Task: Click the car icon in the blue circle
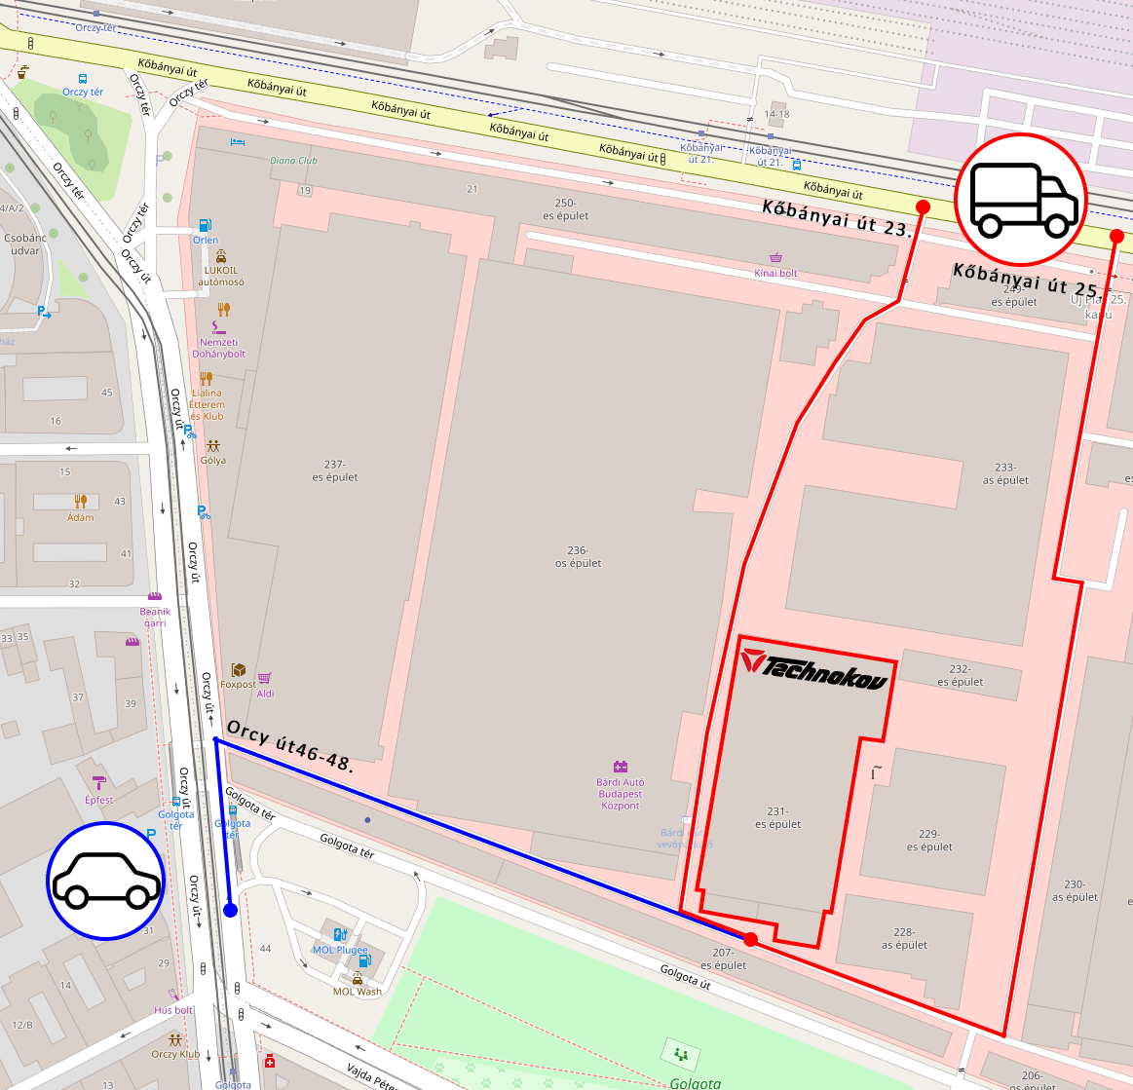pos(105,881)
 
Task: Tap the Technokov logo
pos(814,667)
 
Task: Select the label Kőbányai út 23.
pos(837,218)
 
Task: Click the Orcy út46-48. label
pos(290,745)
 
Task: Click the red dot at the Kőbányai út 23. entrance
pos(923,207)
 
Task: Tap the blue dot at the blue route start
pos(230,910)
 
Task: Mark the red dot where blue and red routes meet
pos(750,939)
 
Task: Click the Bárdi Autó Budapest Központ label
pos(621,794)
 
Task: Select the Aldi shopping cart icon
pos(264,678)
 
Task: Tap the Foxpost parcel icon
pos(238,670)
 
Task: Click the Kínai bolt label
pos(775,274)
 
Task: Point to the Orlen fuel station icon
pos(205,225)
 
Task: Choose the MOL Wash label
pos(358,992)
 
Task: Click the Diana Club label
pos(293,161)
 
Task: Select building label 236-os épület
pos(578,557)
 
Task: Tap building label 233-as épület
pos(1005,473)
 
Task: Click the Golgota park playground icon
pos(680,1054)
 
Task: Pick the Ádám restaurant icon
pos(81,501)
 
